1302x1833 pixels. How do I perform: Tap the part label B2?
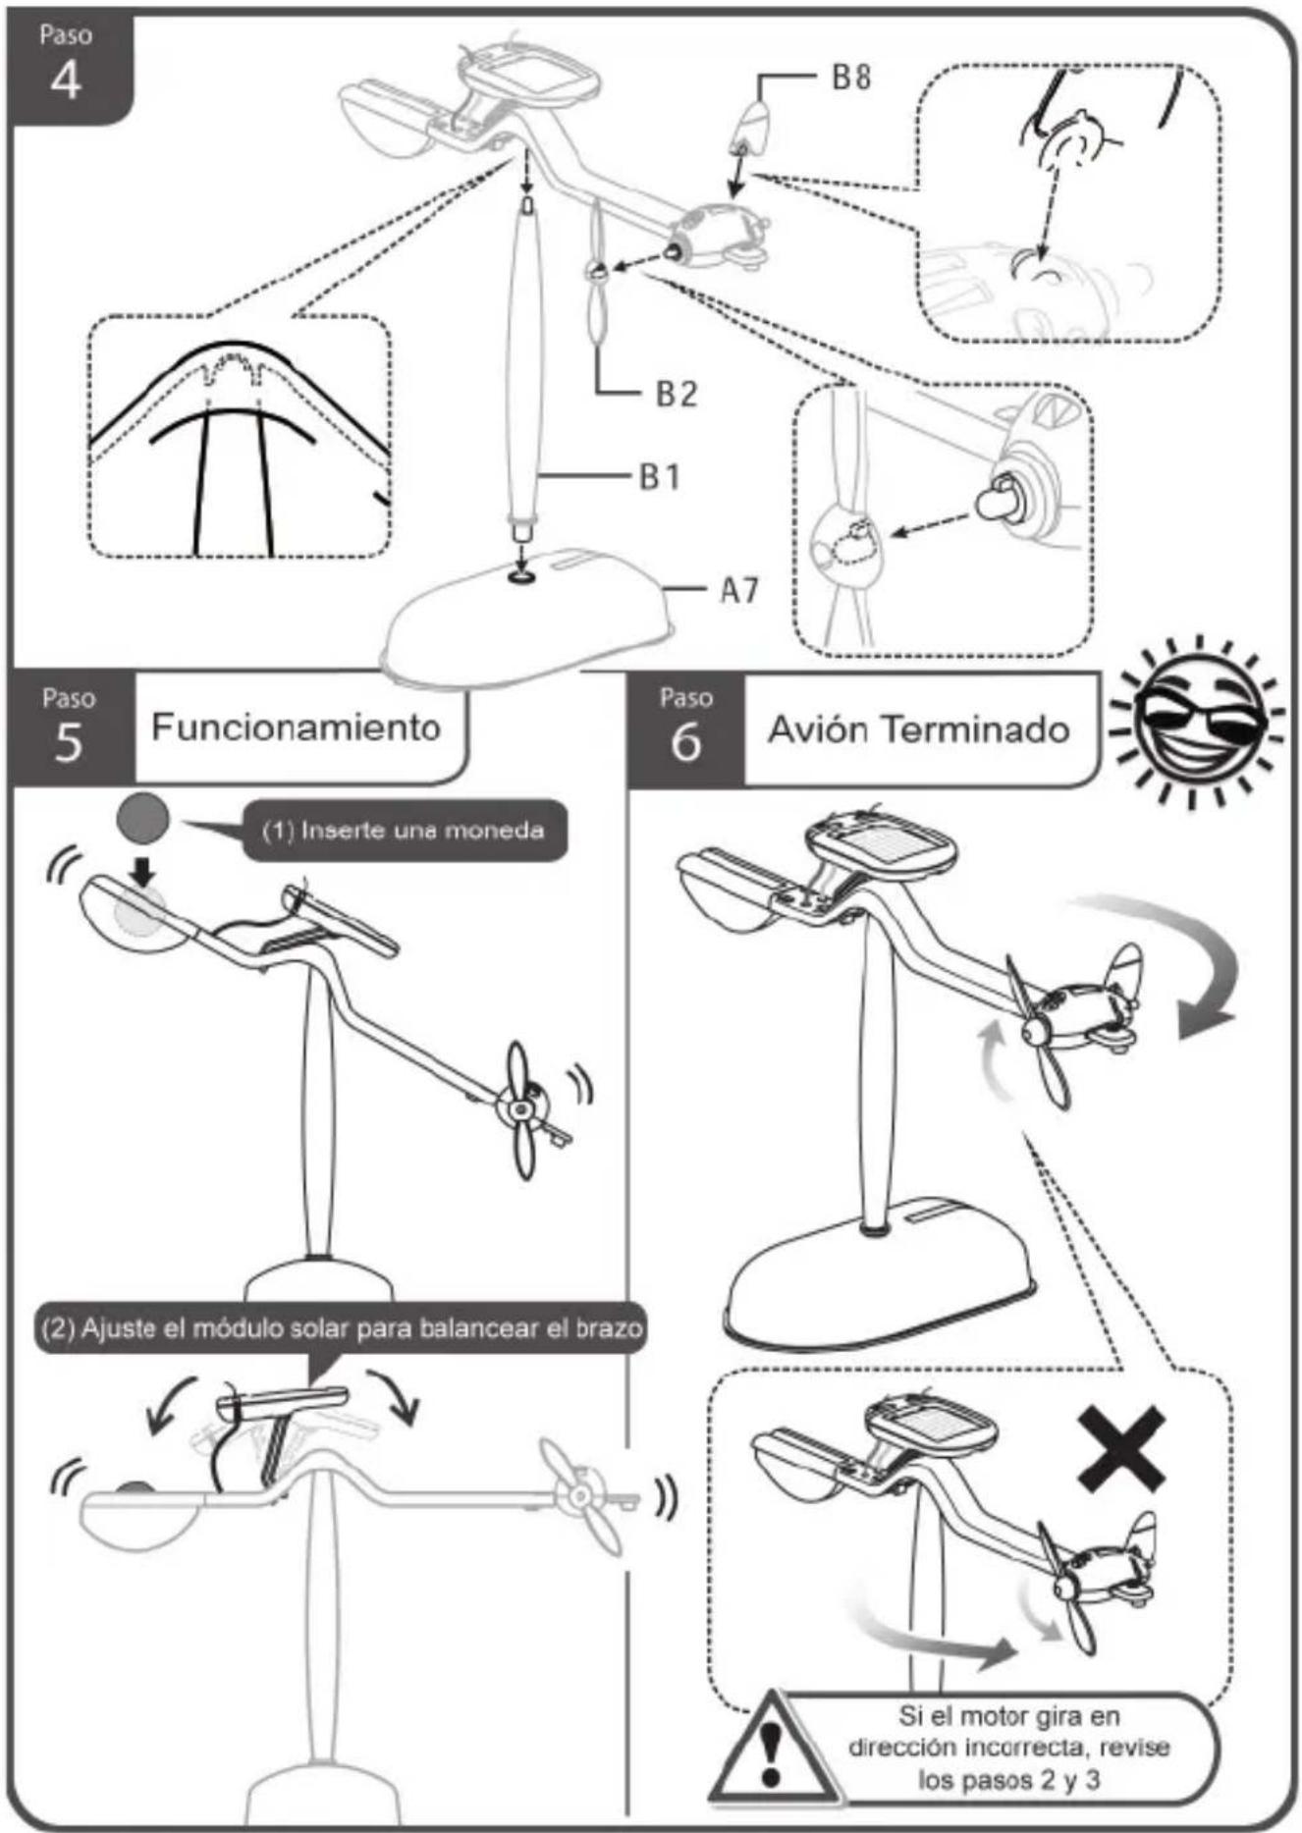[x=677, y=394]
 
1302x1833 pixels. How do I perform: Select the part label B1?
[x=660, y=477]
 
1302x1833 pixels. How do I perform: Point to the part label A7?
[x=739, y=590]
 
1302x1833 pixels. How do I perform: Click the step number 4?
[x=66, y=81]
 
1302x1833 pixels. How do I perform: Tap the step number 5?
[x=68, y=742]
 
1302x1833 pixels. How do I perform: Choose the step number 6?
[x=685, y=742]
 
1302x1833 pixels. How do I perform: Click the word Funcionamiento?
[x=296, y=728]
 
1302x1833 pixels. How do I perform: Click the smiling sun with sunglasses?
[x=1194, y=722]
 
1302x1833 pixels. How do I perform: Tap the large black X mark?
[x=1121, y=1448]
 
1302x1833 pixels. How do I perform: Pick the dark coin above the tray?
[x=142, y=818]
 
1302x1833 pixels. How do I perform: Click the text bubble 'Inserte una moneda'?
[x=405, y=831]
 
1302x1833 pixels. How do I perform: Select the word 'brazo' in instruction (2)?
[x=608, y=1328]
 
